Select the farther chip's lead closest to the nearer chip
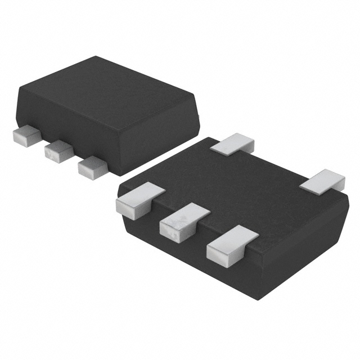pos(92,166)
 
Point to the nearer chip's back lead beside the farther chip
pos(232,144)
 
